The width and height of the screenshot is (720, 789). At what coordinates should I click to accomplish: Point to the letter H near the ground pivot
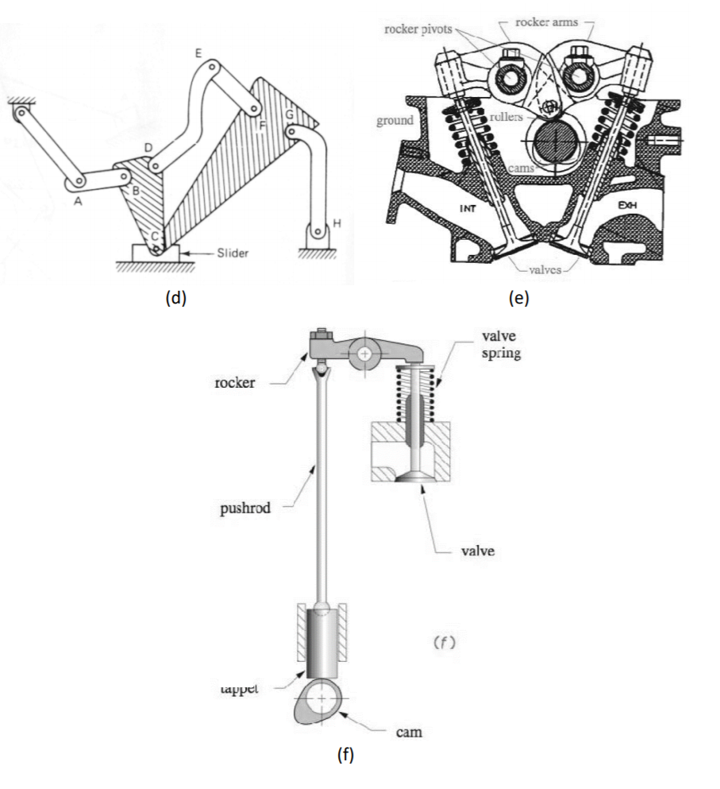[337, 224]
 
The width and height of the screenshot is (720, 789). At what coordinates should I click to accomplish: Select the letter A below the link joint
[77, 202]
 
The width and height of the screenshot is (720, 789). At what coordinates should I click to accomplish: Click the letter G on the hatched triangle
[290, 114]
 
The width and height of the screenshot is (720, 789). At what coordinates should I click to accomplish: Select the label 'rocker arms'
[548, 22]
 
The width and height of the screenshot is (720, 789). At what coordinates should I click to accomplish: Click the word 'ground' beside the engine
[395, 120]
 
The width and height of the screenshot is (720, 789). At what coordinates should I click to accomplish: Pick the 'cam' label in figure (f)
[409, 732]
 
